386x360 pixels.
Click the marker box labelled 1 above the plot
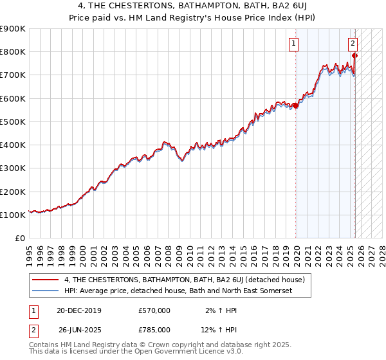[x=293, y=44]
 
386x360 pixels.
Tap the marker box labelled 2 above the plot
[x=353, y=44]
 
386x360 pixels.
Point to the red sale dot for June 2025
[x=354, y=55]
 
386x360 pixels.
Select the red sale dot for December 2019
[x=295, y=105]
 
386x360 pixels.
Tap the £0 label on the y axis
[x=21, y=239]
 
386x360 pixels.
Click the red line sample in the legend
[x=46, y=280]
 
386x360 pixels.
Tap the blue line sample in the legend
[x=46, y=291]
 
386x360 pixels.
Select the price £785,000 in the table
[x=154, y=330]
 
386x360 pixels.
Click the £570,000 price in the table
[x=154, y=310]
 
